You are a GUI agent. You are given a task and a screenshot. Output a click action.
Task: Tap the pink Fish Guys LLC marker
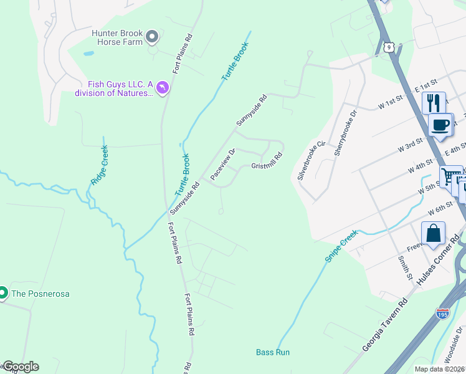162,89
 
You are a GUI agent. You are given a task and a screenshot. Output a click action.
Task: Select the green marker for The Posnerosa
3,292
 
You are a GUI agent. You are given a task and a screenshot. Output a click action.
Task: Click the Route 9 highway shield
389,47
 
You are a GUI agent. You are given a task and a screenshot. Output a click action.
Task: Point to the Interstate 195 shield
443,314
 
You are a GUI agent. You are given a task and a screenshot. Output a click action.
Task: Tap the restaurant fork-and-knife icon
434,102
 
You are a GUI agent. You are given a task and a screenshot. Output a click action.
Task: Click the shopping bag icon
433,234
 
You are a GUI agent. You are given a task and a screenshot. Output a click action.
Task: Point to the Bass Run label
273,352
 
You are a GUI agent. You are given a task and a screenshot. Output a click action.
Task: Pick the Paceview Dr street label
222,164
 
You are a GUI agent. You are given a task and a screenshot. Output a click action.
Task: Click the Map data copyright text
440,369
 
